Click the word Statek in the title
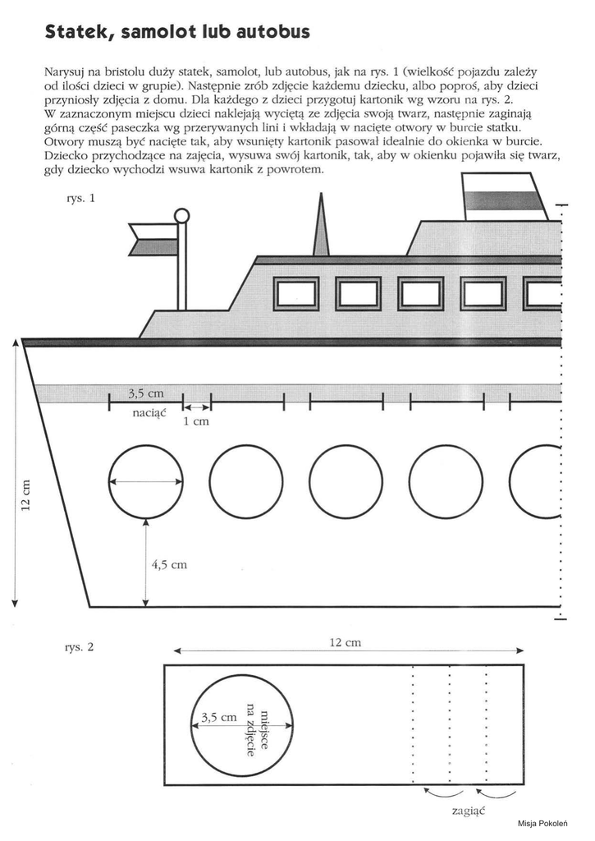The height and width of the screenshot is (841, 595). click(x=71, y=32)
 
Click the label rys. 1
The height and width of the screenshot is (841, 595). click(x=80, y=199)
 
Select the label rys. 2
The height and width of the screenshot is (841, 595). click(x=80, y=646)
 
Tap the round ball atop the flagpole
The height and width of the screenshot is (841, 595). click(x=182, y=216)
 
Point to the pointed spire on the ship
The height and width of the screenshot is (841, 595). click(x=320, y=227)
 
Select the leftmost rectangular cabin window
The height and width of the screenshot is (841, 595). click(x=295, y=293)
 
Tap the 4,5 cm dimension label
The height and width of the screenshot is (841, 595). click(x=169, y=564)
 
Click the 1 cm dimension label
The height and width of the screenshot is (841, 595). click(x=195, y=422)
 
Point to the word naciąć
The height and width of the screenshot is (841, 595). click(x=149, y=412)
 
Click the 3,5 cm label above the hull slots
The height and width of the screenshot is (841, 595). click(x=146, y=393)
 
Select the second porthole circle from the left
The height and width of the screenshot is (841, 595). click(x=246, y=481)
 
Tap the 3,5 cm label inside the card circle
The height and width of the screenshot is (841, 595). click(x=219, y=716)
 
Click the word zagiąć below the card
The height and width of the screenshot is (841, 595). click(x=469, y=811)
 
